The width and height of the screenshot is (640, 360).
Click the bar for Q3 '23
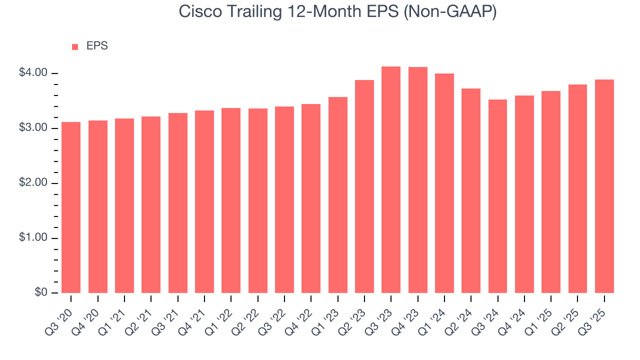[391, 180]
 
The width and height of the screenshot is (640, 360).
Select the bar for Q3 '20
[71, 207]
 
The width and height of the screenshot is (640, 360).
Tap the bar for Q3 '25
[604, 186]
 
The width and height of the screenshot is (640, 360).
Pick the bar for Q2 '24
[471, 190]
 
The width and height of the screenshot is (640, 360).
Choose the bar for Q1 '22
[231, 200]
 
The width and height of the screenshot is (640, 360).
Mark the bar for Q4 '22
[311, 198]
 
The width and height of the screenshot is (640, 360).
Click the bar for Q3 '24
[497, 196]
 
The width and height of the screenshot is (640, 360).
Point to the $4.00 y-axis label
[33, 73]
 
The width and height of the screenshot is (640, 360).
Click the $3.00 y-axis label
[33, 128]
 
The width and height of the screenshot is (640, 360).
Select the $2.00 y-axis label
[33, 183]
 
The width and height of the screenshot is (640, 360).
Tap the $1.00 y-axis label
[33, 238]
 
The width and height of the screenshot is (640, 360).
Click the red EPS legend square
[75, 46]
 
